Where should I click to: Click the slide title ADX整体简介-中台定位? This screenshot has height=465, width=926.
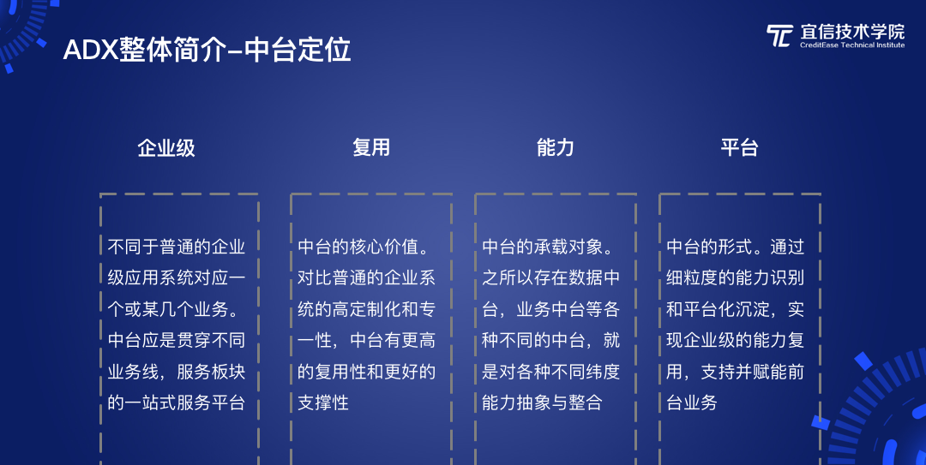207,50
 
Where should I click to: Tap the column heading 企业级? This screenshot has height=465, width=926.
166,147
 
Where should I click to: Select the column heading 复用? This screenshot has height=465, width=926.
371,147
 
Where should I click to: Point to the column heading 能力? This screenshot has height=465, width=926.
555,147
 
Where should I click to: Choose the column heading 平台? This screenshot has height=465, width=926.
739,147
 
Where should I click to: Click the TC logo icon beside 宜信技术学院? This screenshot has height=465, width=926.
779,35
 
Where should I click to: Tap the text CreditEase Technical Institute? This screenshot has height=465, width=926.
852,45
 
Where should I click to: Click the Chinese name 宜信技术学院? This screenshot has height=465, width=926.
852,32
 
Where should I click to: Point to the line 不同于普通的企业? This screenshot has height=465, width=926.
176,247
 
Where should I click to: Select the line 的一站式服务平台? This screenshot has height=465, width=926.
176,402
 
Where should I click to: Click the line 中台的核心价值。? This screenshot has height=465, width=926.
364,247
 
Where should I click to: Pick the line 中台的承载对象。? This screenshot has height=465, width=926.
549,247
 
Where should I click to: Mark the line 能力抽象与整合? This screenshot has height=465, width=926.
542,402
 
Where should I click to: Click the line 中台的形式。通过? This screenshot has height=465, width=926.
736,247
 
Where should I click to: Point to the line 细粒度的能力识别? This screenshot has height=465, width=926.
736,277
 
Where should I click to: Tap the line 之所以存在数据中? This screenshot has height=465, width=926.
551,277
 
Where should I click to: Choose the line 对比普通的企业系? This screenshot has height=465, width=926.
366,277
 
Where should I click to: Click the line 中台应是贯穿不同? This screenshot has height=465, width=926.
176,340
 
